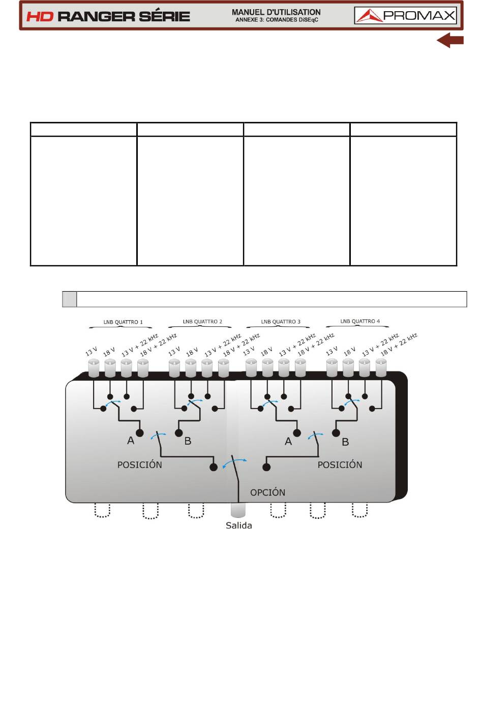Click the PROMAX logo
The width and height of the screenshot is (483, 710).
(405, 16)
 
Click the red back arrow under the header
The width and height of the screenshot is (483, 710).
(450, 40)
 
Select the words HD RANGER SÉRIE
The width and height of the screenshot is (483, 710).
(108, 16)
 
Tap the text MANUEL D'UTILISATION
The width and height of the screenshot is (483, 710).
(276, 12)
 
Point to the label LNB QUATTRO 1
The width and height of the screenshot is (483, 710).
(123, 322)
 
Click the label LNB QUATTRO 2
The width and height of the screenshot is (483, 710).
(202, 321)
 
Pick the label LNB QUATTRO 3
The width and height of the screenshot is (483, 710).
(280, 321)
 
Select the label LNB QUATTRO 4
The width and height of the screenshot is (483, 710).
(360, 321)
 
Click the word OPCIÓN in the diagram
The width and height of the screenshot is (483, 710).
(267, 492)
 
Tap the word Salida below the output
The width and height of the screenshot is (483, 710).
(239, 526)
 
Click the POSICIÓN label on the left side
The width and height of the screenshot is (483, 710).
(139, 465)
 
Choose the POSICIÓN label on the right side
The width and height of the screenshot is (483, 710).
(340, 465)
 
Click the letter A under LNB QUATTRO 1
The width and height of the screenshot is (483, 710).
(131, 441)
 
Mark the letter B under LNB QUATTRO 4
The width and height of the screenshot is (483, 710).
(345, 442)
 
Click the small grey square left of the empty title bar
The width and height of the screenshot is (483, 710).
(70, 299)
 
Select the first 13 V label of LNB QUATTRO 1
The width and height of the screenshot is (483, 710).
(91, 352)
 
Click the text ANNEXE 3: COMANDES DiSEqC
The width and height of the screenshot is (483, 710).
(277, 20)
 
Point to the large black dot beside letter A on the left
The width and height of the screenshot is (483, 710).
(139, 433)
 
